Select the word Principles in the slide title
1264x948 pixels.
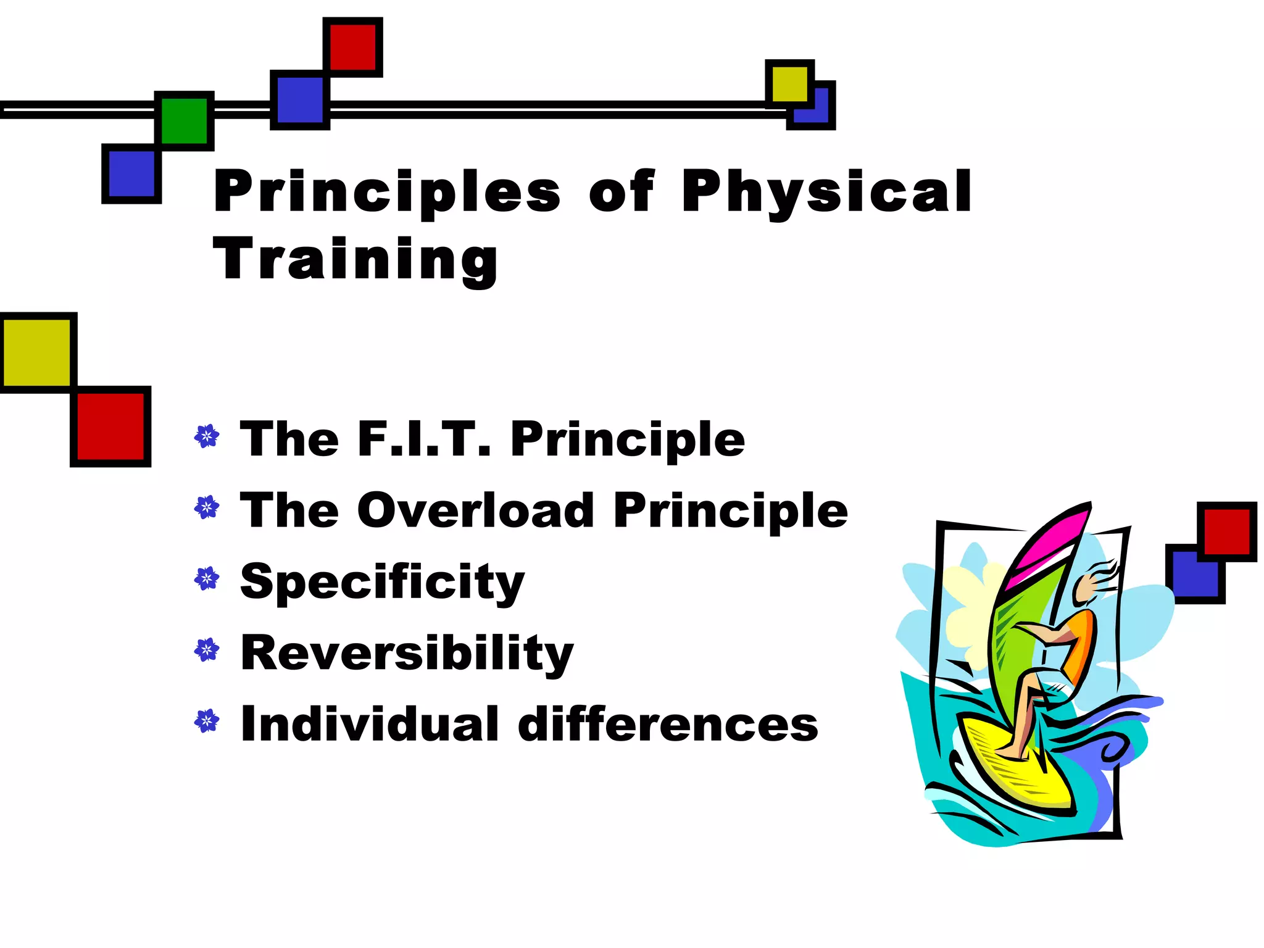[387, 191]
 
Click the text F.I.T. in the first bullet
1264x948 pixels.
[425, 439]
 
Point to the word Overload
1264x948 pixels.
[475, 510]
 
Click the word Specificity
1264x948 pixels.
[382, 581]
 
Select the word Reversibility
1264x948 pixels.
[407, 653]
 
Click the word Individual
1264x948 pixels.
[369, 725]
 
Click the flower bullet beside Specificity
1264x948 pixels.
[206, 579]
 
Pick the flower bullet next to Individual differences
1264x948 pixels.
[206, 721]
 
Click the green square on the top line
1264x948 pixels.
[184, 120]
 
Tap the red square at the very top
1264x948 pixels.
[352, 47]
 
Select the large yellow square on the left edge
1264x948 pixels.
[37, 352]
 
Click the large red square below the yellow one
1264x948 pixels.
[110, 426]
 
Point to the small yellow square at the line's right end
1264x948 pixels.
[789, 84]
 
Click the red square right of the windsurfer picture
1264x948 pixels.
[1227, 531]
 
